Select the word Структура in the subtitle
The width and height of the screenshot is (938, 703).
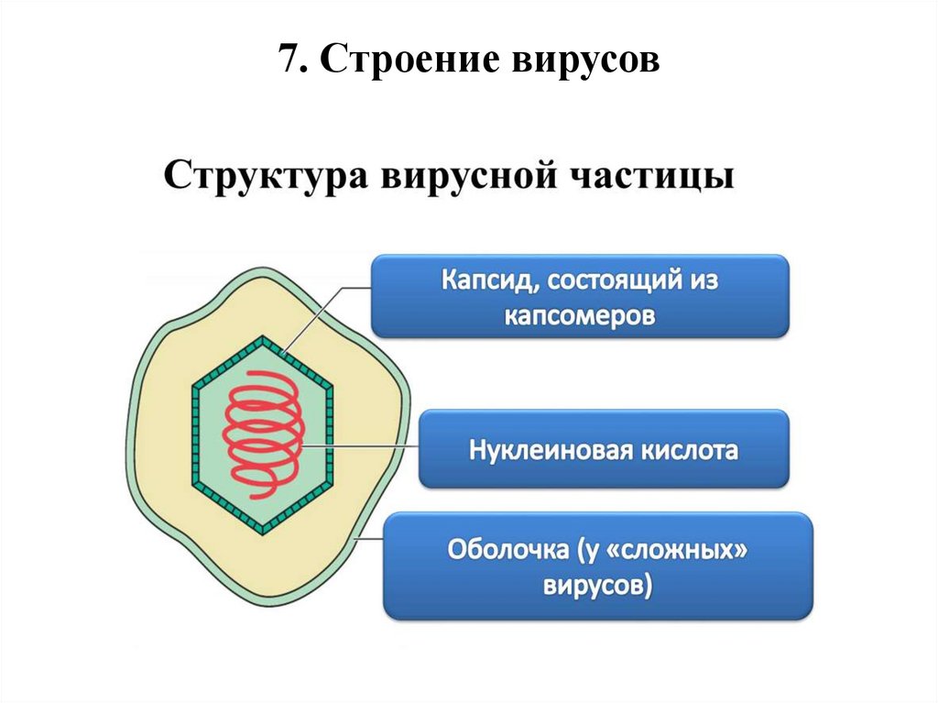pos(262,175)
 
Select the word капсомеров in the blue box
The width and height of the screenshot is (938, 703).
pos(580,314)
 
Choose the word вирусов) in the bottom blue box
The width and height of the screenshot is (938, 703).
pos(597,587)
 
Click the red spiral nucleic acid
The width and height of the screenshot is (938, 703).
pos(262,431)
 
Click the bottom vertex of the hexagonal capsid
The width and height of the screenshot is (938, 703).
pos(263,530)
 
